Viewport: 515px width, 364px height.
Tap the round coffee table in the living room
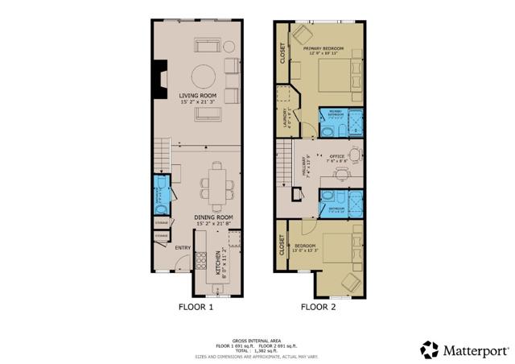point(203,77)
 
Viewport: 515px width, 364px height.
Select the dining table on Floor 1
point(217,184)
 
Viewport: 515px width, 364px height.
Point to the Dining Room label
point(213,217)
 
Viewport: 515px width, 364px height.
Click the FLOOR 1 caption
point(196,307)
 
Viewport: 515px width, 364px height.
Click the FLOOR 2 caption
point(319,307)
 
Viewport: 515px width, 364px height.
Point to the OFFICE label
point(336,155)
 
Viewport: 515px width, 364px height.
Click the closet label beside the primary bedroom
point(282,53)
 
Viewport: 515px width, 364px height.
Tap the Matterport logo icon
point(431,350)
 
